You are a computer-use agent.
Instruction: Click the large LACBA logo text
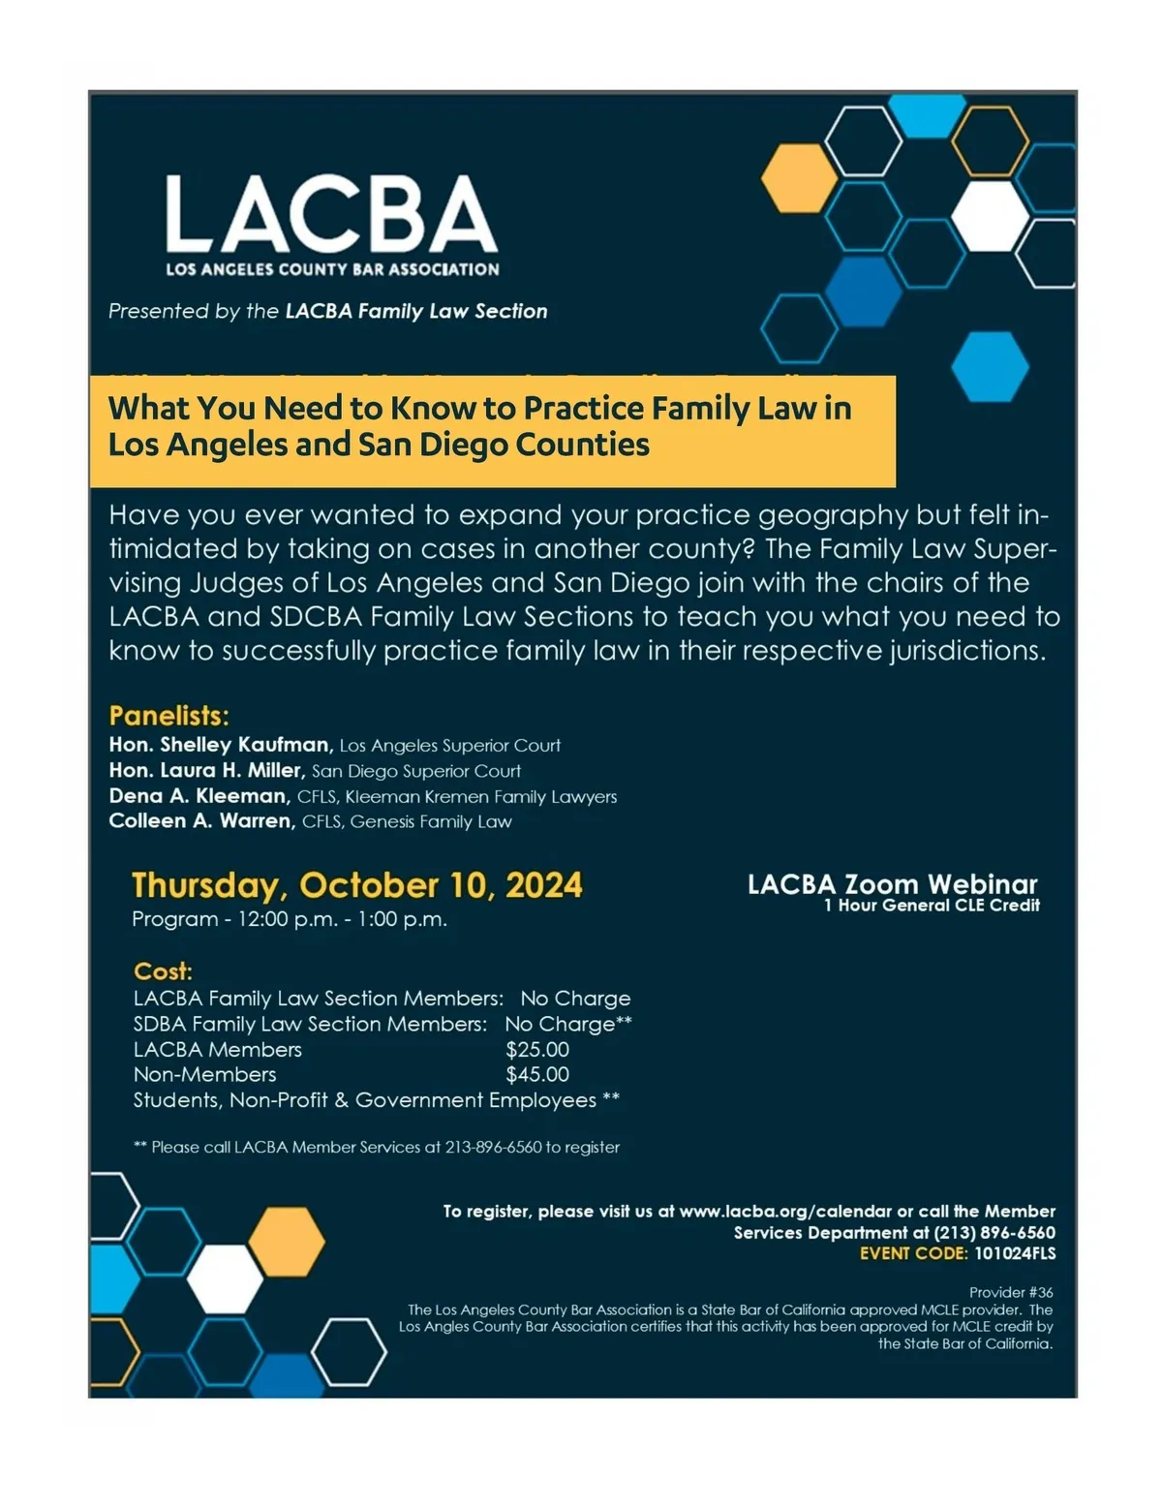pos(330,215)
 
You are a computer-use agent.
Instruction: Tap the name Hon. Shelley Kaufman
pos(221,745)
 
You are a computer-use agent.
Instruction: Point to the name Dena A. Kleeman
pos(199,796)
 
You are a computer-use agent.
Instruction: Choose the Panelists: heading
pos(168,716)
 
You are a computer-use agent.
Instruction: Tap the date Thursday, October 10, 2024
pos(356,885)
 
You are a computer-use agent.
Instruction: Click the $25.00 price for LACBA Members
pos(537,1050)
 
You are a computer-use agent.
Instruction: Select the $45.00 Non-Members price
pos(537,1075)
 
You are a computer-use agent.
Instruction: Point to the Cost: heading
pos(163,971)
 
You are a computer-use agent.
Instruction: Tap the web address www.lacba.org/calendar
pos(785,1212)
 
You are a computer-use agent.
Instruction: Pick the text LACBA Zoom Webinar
pos(892,884)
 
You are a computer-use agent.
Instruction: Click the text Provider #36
pos(1011,1292)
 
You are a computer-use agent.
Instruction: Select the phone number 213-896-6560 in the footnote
pos(493,1148)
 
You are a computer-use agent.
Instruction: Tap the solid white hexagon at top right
pos(990,215)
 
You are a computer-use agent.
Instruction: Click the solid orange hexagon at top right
pos(799,178)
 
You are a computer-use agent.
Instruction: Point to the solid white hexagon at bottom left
pos(225,1278)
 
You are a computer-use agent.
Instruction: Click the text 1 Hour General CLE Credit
pos(932,906)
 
